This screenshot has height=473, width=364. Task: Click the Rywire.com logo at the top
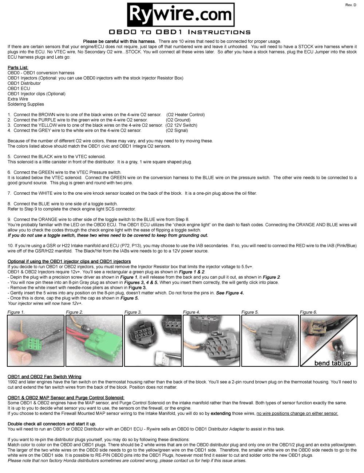coord(180,15)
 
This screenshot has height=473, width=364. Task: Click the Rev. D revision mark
coord(351,5)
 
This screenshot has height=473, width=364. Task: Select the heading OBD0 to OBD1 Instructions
coord(180,32)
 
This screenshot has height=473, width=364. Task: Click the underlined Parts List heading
coord(18,68)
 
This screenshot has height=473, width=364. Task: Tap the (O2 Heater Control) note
coord(185,115)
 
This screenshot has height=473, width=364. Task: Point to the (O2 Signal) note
coord(177,130)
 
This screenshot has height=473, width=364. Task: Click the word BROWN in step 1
coord(47,115)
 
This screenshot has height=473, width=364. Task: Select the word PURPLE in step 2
coord(48,120)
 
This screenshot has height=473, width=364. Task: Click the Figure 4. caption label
coord(191,312)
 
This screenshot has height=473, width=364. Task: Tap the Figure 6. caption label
coord(308,312)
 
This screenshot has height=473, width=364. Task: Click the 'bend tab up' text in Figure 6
coord(332,363)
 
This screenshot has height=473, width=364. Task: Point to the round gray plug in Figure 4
coord(218,347)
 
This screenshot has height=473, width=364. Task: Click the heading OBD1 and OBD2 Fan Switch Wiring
coord(44,377)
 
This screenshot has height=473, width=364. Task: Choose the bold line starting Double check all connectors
coord(52,424)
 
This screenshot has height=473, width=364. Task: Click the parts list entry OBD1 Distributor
coord(24,83)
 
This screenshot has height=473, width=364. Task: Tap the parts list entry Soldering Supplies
coord(26,104)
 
